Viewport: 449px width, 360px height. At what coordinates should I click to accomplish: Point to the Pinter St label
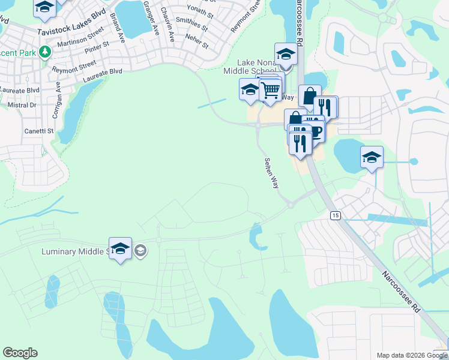click(97, 45)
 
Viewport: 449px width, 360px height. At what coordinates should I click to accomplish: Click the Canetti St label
click(39, 130)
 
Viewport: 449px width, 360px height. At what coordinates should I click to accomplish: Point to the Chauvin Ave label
click(170, 29)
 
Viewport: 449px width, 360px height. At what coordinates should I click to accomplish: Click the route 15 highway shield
click(335, 215)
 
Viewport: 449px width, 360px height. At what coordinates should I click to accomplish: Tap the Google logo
click(20, 353)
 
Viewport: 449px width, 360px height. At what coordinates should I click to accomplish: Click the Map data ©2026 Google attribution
click(411, 355)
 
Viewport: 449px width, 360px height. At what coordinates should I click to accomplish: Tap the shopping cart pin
click(271, 90)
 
